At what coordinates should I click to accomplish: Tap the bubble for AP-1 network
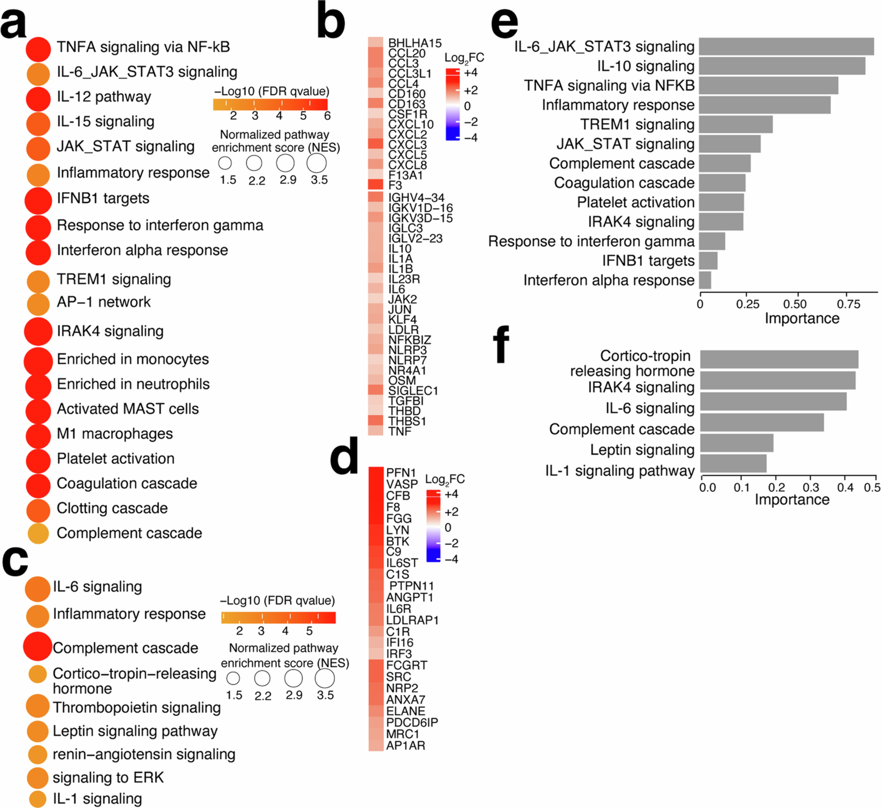coord(38,304)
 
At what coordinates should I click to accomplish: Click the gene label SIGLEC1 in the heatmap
coord(413,390)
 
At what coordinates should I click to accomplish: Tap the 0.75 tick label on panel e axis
coord(848,304)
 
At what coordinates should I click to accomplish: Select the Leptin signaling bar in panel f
coord(736,443)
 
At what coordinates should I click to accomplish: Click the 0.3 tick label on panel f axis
coord(811,487)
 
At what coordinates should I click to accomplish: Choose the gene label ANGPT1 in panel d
coord(406,597)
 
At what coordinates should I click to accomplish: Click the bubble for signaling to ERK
coord(38,777)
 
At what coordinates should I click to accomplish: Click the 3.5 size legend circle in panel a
coord(317,164)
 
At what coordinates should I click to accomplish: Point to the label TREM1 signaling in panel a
coord(114,279)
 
